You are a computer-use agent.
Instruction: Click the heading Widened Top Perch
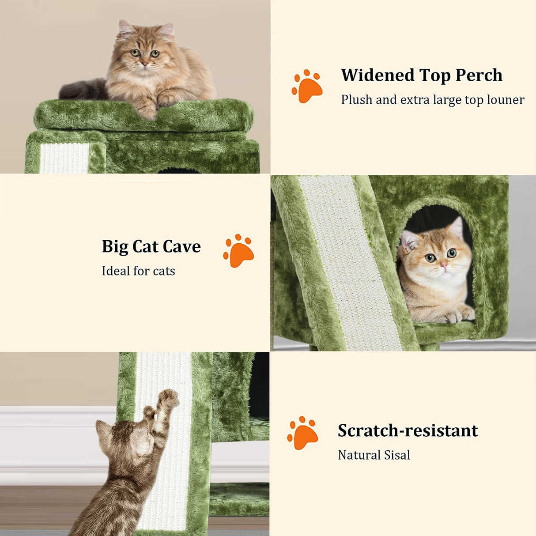tap(422, 75)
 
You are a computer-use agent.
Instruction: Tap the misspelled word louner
tap(506, 100)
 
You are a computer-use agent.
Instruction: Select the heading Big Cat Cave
tap(151, 246)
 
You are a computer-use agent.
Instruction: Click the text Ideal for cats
tap(138, 271)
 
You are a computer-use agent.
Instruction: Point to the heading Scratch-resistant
tap(408, 430)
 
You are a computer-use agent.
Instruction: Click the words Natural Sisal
tap(374, 455)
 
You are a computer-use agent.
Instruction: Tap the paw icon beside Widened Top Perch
tap(307, 87)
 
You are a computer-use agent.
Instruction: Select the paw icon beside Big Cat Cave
tap(238, 251)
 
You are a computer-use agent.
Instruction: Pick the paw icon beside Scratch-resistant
tap(302, 433)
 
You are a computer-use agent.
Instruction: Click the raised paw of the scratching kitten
tap(168, 398)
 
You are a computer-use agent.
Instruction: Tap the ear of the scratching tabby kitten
tap(104, 430)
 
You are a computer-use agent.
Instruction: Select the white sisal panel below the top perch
tap(64, 158)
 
